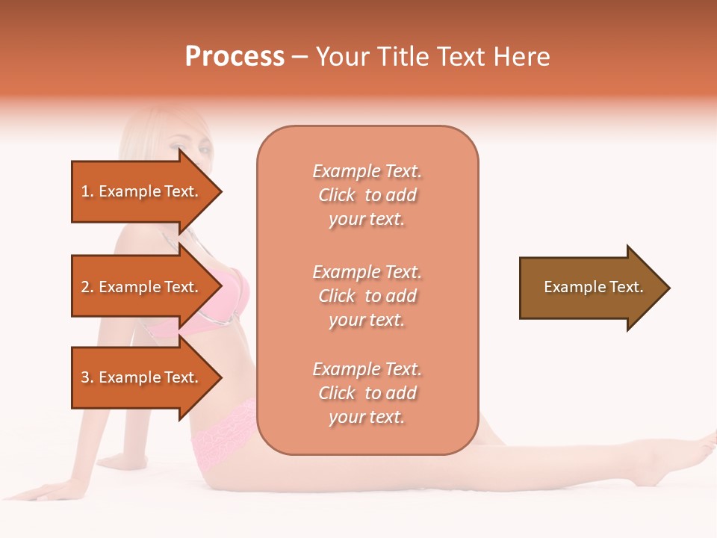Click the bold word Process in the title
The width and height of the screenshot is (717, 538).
pos(235,57)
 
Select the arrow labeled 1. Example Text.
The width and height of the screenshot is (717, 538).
pos(142,191)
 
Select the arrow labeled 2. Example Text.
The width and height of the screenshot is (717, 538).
pos(142,287)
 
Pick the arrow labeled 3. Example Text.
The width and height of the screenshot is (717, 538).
pos(142,377)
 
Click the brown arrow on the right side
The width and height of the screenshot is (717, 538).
pos(590,288)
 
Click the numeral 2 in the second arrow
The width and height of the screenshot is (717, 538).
pos(84,287)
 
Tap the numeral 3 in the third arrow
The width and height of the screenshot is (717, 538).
pos(84,377)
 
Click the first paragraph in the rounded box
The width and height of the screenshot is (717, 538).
pos(367,195)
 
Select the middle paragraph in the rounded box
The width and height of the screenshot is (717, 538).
pos(367,296)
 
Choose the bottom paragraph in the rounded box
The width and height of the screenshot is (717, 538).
pos(367,393)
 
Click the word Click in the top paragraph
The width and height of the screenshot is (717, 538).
pos(337,195)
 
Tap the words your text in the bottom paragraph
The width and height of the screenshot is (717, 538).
pos(367,418)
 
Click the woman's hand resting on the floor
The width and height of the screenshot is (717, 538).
pos(45,489)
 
